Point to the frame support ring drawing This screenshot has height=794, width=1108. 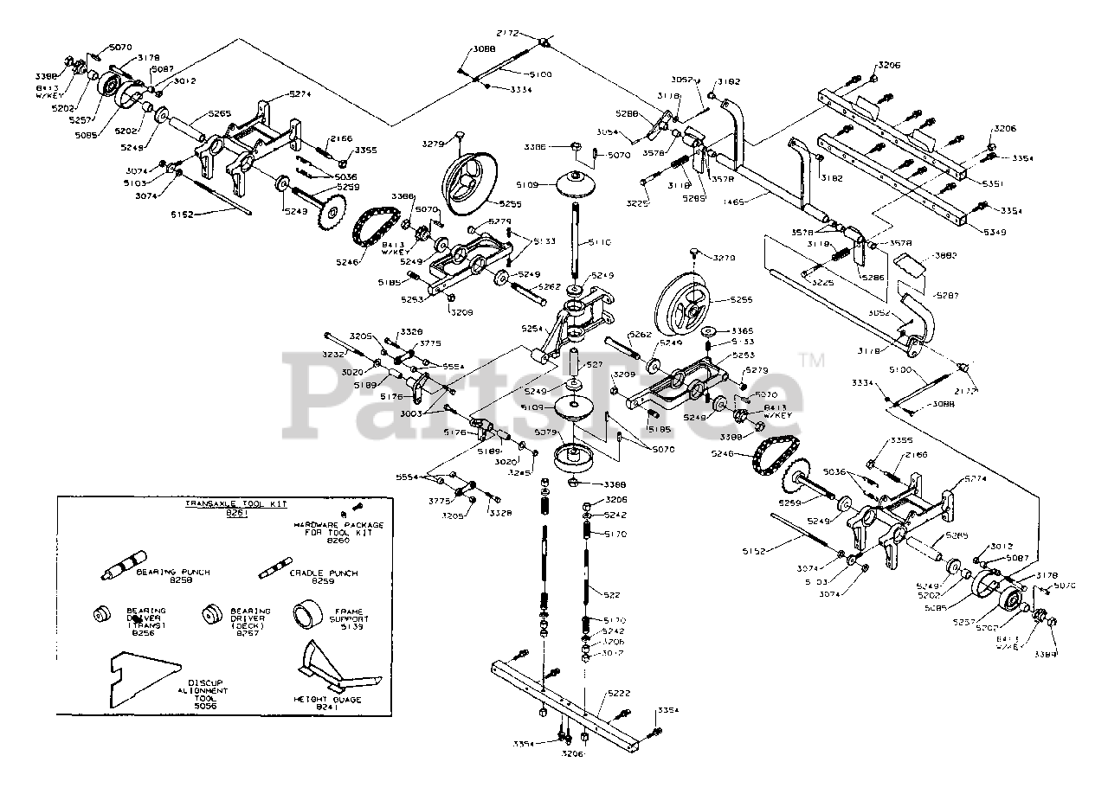tap(307, 616)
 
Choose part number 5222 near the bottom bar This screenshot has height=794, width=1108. tap(618, 693)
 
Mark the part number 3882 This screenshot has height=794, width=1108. tap(947, 255)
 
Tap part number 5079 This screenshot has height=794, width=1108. tap(546, 432)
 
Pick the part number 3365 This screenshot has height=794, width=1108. tap(742, 330)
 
